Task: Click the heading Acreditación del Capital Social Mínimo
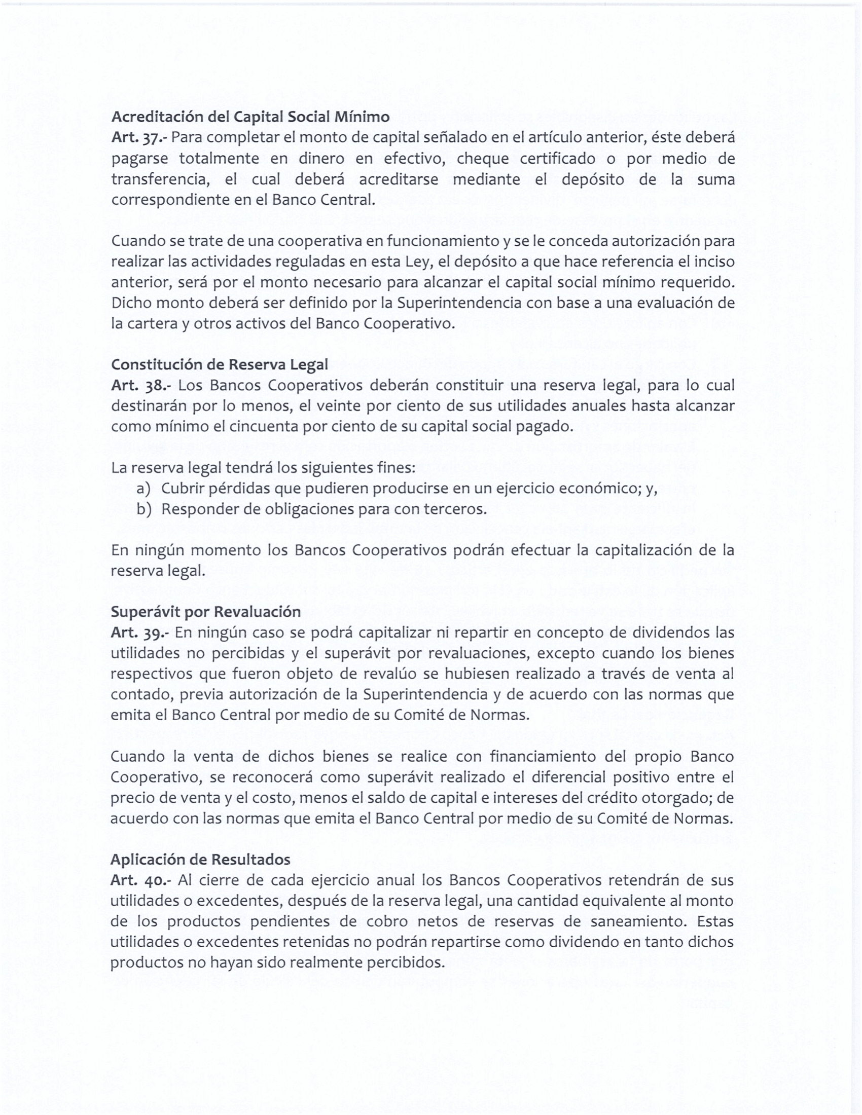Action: click(250, 117)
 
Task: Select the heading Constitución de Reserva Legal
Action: click(220, 364)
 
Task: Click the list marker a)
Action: click(143, 489)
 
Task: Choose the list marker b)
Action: click(143, 509)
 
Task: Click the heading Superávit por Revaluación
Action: click(205, 612)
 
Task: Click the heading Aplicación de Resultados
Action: click(200, 860)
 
